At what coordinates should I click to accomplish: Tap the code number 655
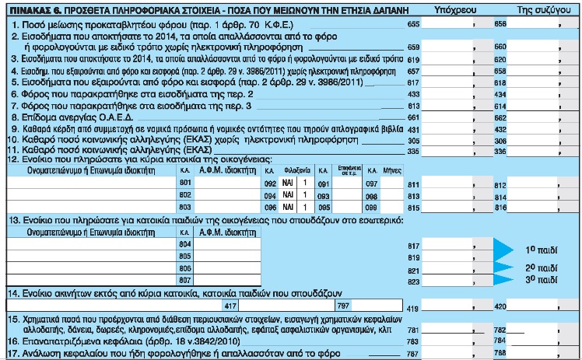point(414,26)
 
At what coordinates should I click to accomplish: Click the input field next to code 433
point(451,93)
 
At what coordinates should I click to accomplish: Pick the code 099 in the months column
point(372,207)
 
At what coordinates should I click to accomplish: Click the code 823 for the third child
point(414,281)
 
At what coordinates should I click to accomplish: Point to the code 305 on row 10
point(414,140)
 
